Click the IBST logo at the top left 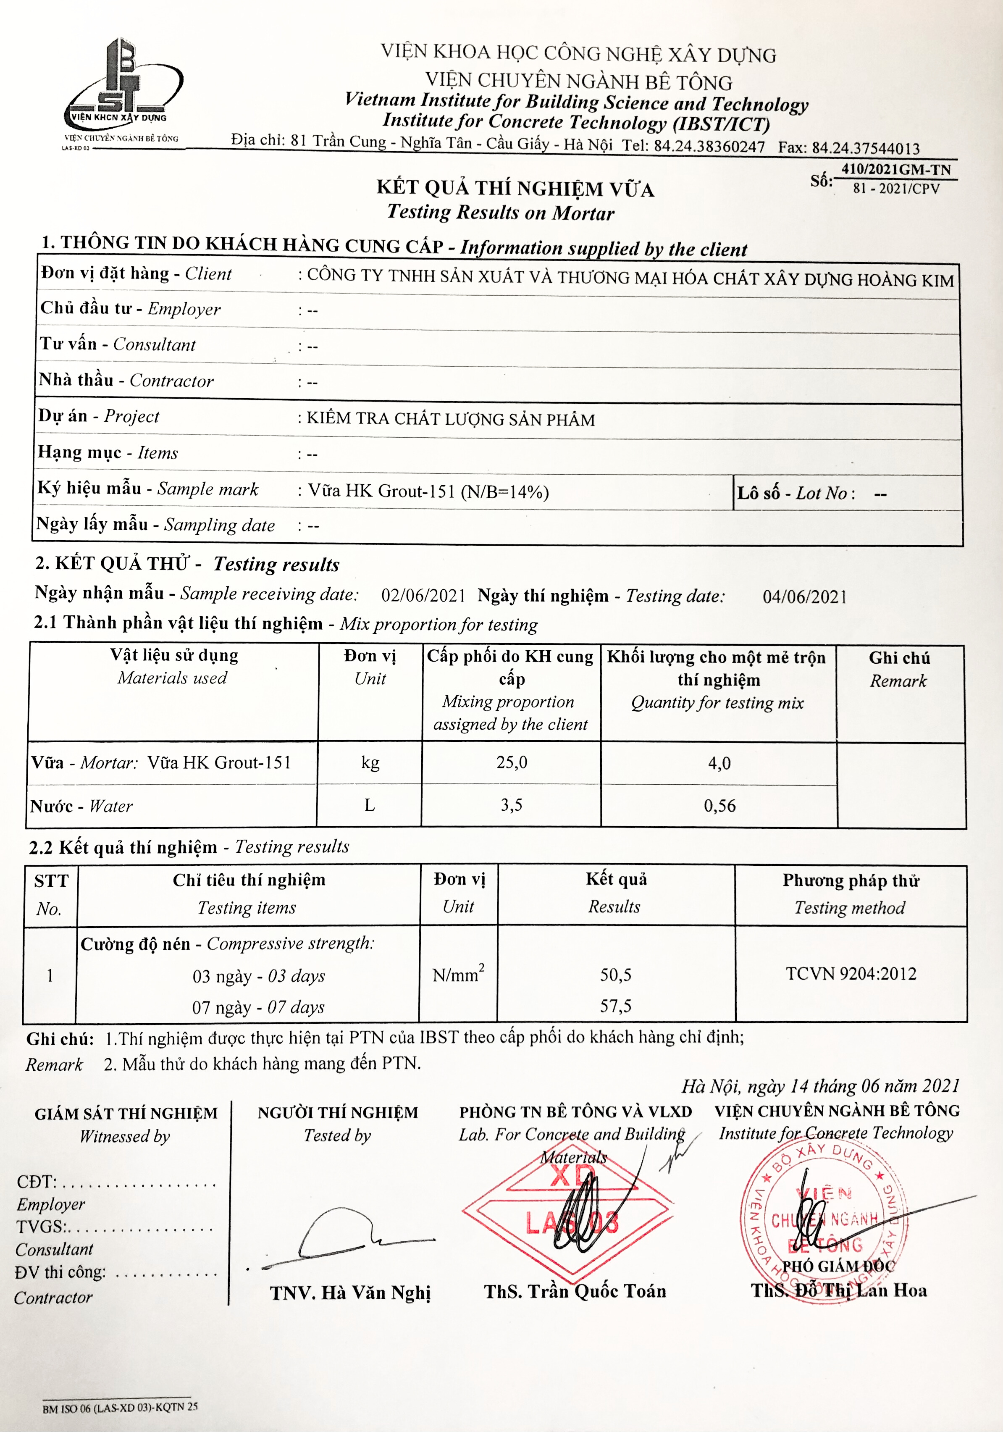pyautogui.click(x=123, y=87)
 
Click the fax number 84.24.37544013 pyautogui.click(x=865, y=148)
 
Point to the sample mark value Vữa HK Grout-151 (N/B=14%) pyautogui.click(x=428, y=491)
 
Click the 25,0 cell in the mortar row pyautogui.click(x=512, y=762)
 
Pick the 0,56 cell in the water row pyautogui.click(x=720, y=806)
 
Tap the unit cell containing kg pyautogui.click(x=370, y=762)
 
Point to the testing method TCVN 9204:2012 pyautogui.click(x=851, y=974)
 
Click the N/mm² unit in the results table pyautogui.click(x=459, y=974)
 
